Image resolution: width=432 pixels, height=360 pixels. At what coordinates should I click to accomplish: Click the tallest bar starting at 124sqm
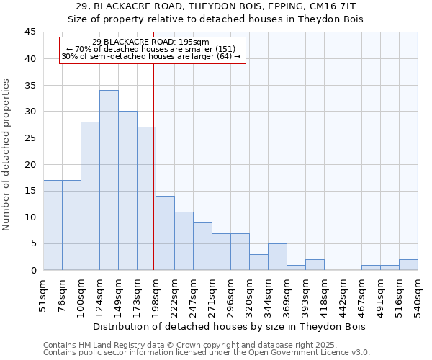point(109,180)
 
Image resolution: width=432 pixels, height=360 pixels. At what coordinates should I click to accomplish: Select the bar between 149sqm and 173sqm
point(127,191)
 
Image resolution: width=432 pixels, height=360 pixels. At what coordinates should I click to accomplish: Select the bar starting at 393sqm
point(315,265)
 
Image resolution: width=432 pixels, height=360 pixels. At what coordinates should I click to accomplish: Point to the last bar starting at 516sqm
point(408,265)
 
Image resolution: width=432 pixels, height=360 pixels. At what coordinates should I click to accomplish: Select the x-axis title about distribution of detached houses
point(230,326)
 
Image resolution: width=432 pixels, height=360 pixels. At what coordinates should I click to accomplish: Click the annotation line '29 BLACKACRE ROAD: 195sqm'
point(151,42)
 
